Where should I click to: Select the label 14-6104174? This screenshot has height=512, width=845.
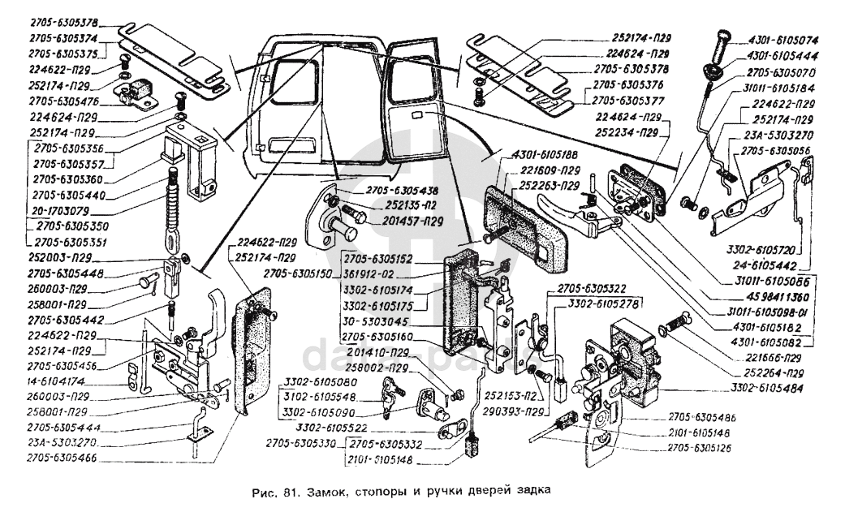[54, 381]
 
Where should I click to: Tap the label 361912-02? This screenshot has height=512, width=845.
[366, 273]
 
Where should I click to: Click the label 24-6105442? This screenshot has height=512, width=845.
[771, 265]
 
